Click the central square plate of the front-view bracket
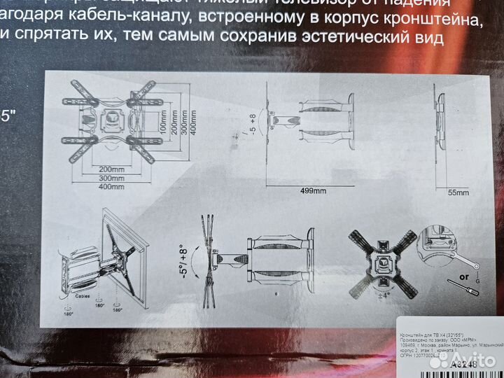pos(110,118)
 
